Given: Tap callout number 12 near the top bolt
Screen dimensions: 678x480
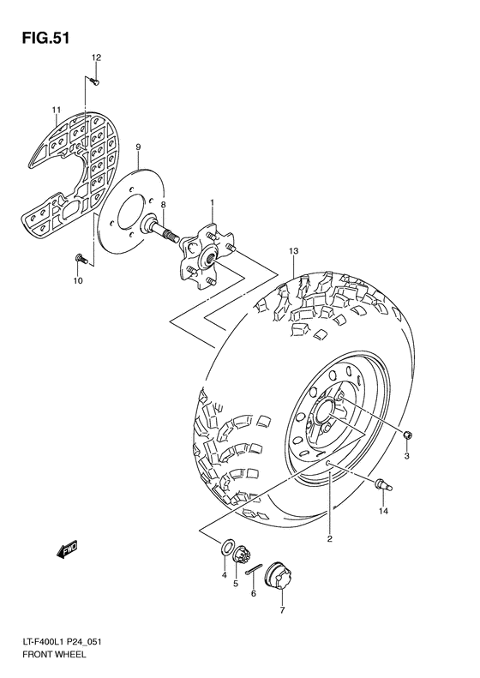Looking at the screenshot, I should tap(97, 57).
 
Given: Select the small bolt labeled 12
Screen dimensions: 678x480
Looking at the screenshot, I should tap(95, 82).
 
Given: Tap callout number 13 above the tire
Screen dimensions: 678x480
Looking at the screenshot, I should tap(292, 252).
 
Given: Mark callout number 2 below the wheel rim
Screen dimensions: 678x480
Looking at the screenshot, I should tap(328, 538).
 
